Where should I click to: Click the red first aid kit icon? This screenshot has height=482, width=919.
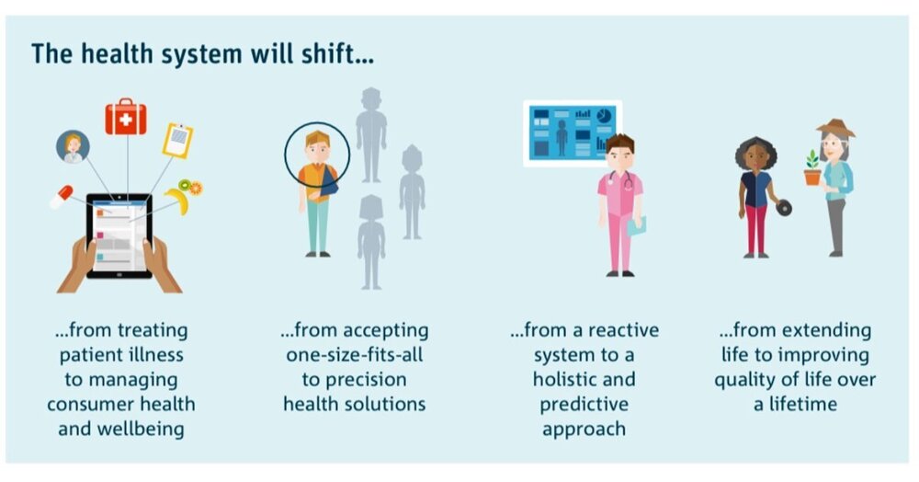click(126, 119)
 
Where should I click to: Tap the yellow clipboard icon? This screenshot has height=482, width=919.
click(177, 140)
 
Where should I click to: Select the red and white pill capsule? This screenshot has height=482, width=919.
click(62, 195)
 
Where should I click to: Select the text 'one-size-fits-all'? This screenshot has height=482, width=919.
click(354, 354)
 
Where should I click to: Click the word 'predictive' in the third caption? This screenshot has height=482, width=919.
click(584, 404)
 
